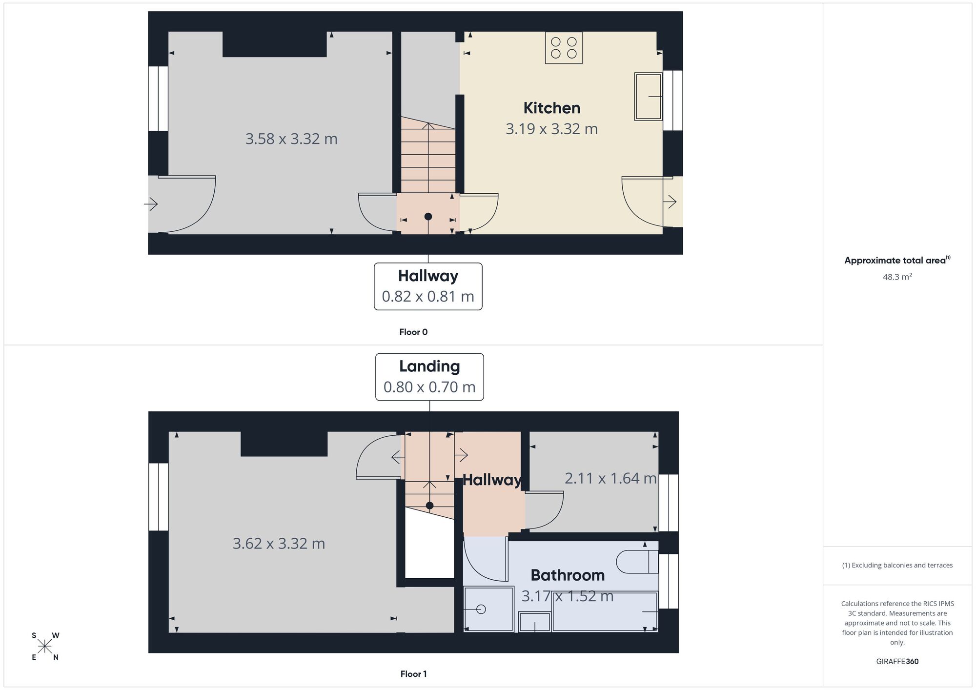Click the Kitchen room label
(x=551, y=108)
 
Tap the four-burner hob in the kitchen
(x=564, y=48)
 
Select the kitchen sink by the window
(x=648, y=96)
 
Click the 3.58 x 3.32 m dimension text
(x=291, y=139)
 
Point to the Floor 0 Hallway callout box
(x=428, y=286)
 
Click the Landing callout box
(x=429, y=377)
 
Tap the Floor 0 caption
(x=413, y=332)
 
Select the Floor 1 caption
(x=413, y=674)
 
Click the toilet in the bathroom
(x=637, y=562)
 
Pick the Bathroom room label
(x=568, y=575)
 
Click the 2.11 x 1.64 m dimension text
(x=610, y=478)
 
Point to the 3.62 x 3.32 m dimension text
(x=279, y=544)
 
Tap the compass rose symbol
(x=45, y=647)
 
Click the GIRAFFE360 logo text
(x=897, y=662)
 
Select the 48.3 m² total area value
(x=897, y=277)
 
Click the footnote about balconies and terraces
(x=897, y=565)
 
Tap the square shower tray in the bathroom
(x=488, y=609)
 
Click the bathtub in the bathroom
(x=605, y=612)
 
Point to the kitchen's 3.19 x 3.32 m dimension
(x=551, y=129)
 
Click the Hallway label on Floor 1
(x=491, y=480)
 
